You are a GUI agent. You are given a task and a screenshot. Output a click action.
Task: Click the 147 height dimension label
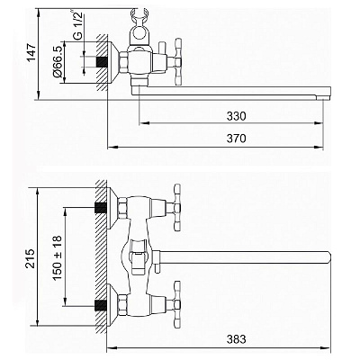tap(31, 52)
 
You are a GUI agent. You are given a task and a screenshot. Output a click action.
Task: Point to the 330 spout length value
tap(236, 116)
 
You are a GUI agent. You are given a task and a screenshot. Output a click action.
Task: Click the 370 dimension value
tap(236, 139)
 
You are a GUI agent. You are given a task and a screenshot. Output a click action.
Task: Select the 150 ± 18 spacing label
tap(58, 258)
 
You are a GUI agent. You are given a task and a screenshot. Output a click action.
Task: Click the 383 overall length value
tap(236, 339)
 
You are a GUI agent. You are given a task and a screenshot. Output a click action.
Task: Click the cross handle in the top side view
tap(178, 62)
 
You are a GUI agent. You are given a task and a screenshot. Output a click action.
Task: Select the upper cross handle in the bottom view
tap(177, 208)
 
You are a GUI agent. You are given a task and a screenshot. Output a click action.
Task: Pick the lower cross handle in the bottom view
tap(177, 304)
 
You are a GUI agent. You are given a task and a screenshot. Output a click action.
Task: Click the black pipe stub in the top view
tap(102, 62)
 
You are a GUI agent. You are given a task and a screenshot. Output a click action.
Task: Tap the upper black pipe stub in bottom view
tap(101, 208)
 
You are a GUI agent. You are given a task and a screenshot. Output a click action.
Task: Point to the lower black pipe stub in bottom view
tap(101, 305)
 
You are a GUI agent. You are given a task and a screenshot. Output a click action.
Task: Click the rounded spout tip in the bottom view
tap(328, 257)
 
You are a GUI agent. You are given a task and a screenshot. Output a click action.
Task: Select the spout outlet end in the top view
tap(324, 98)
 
